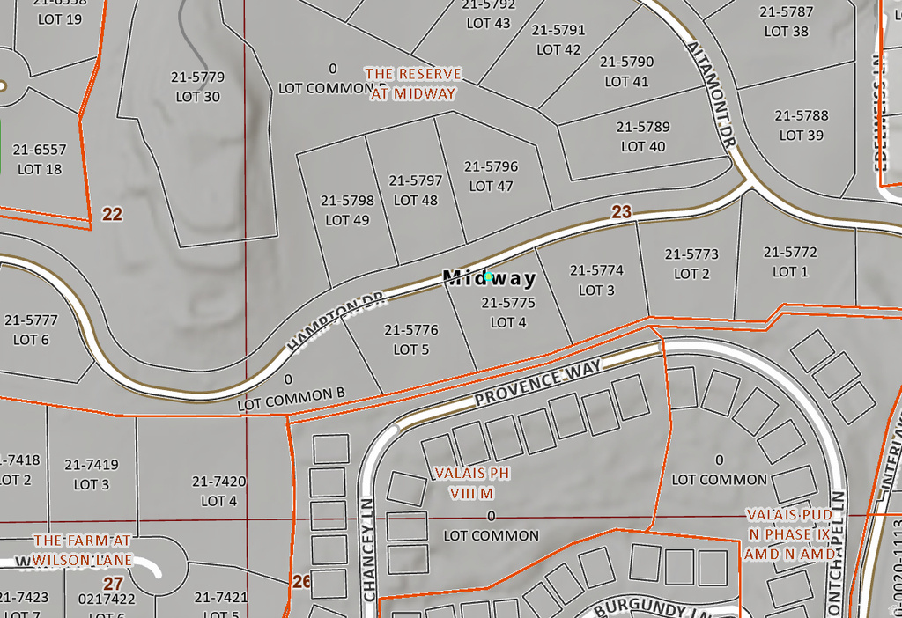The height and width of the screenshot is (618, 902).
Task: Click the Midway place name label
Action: (x=489, y=278)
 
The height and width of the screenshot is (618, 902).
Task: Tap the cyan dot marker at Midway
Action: (x=489, y=276)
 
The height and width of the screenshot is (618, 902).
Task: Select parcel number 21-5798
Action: (x=347, y=201)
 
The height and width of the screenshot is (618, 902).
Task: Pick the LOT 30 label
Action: (x=198, y=96)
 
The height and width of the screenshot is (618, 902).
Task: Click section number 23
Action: (x=622, y=211)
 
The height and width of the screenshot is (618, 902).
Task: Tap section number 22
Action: (x=112, y=214)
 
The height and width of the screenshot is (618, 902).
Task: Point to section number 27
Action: (x=113, y=583)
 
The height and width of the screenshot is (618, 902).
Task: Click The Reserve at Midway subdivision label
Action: (x=413, y=83)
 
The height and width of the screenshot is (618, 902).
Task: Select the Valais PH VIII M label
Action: (x=471, y=483)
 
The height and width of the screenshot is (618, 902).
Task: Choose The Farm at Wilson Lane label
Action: (x=82, y=549)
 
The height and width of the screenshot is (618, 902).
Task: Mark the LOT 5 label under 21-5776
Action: (x=411, y=349)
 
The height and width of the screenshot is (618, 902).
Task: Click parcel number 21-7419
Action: (x=92, y=465)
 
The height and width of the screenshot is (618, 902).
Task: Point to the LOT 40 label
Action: (x=643, y=146)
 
